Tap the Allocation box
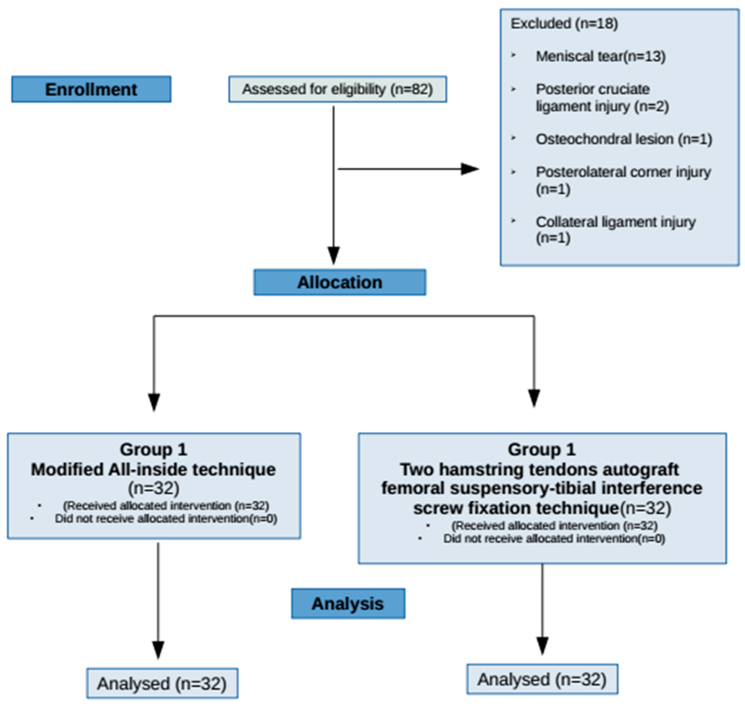click(x=340, y=282)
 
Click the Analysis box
click(x=348, y=603)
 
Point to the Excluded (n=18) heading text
click(x=564, y=24)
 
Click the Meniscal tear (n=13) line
click(x=601, y=57)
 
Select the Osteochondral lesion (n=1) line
click(x=624, y=139)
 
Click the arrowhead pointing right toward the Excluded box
click(x=470, y=169)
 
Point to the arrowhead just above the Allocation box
click(x=333, y=255)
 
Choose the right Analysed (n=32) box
click(x=542, y=679)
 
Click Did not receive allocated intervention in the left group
click(x=166, y=519)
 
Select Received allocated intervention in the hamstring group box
click(x=554, y=525)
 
